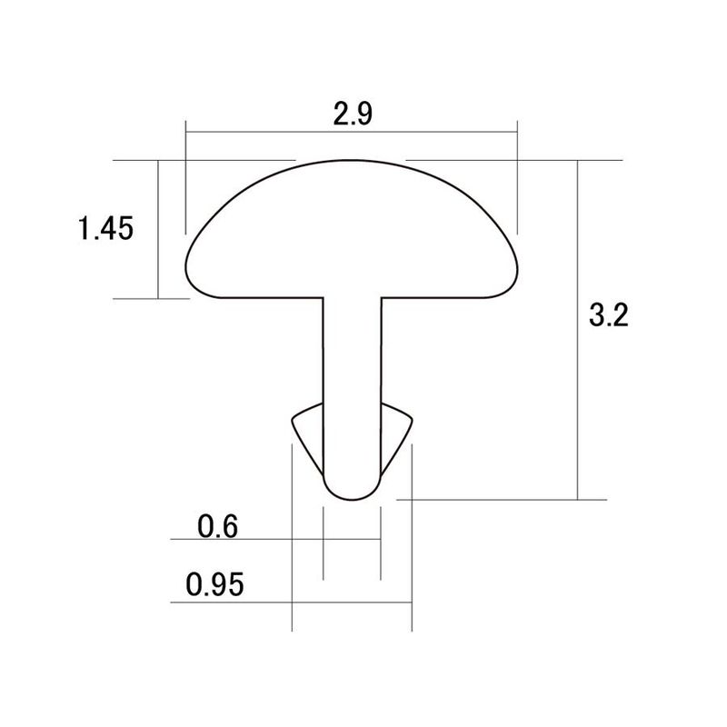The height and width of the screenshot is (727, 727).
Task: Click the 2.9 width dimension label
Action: point(353,115)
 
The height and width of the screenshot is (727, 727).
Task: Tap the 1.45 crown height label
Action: point(105,228)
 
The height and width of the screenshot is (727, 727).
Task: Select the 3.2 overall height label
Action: point(608,315)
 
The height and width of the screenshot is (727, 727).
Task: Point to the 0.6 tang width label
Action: point(217,526)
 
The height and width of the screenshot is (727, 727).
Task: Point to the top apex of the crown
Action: point(351,161)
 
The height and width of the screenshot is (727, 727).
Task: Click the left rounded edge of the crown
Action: point(186,269)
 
